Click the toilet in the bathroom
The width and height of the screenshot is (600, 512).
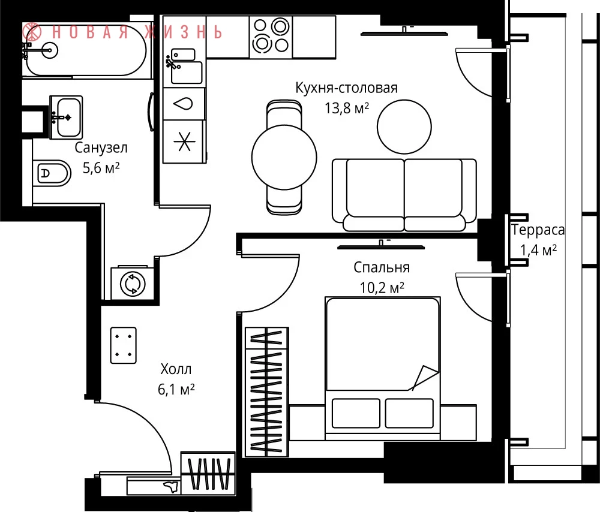[x=52, y=173]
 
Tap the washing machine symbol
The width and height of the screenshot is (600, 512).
[x=133, y=284]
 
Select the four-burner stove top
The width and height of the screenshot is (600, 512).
[x=271, y=37]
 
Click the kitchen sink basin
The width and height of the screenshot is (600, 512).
[x=187, y=73]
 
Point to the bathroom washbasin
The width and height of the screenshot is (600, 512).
[x=66, y=117]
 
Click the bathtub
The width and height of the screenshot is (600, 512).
[x=84, y=50]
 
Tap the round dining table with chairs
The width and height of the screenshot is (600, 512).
[x=284, y=157]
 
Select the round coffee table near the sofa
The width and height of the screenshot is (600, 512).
[x=404, y=127]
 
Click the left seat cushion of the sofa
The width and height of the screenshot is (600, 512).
[x=376, y=188]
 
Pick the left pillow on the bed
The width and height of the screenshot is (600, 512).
[x=356, y=413]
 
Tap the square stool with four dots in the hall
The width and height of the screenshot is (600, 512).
[x=123, y=345]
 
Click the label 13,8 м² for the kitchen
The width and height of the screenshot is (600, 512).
[x=347, y=109]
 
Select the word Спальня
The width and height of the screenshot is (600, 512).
[x=382, y=267]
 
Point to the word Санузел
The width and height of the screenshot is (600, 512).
[x=101, y=147]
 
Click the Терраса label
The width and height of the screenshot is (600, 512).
[x=538, y=230]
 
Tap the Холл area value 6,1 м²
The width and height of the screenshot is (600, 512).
[x=176, y=389]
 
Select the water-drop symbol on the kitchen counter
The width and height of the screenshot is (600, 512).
[x=183, y=104]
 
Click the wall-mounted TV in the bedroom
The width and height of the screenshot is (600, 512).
[x=381, y=246]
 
